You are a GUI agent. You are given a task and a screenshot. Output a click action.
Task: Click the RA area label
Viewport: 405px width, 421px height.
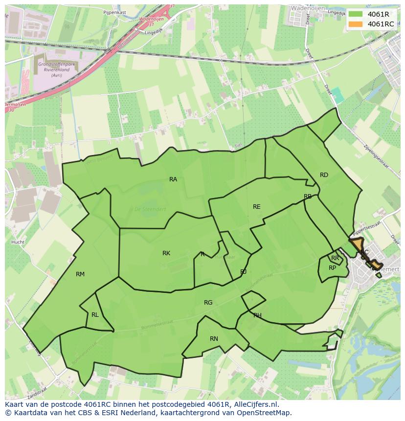point(173,179)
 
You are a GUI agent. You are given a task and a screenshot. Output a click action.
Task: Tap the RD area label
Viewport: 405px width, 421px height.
point(324,175)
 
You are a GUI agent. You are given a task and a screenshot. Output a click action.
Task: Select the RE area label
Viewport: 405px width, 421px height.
point(257,207)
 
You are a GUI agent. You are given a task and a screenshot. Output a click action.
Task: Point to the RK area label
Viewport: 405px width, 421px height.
point(166,253)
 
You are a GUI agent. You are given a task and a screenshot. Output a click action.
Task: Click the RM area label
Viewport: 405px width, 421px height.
point(80,274)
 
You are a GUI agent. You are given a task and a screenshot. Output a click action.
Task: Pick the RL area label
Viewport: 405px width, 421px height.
point(95,315)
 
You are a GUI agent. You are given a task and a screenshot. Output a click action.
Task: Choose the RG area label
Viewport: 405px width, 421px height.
point(208,303)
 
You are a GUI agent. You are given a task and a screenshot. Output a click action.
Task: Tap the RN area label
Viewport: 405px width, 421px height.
point(214,339)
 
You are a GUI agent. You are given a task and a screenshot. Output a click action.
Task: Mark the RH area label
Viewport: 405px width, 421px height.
point(257,315)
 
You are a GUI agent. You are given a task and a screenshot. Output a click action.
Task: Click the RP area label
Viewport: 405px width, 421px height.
point(333,268)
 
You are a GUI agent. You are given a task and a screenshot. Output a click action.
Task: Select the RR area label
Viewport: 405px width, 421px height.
point(335,258)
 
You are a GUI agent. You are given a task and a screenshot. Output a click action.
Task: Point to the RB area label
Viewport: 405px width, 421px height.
point(308,197)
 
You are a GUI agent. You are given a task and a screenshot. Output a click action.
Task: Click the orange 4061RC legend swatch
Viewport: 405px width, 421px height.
point(356,24)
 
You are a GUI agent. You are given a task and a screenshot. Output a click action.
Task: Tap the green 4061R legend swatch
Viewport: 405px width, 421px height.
point(356,14)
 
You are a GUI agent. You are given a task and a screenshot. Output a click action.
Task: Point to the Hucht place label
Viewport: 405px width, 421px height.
point(18,242)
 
